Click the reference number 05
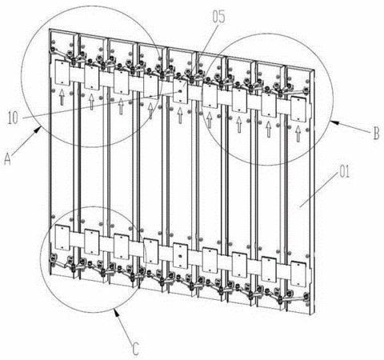click(218, 17)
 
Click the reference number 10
click(13, 118)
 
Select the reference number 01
click(344, 172)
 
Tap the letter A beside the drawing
click(8, 159)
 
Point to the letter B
click(376, 134)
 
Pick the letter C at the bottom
click(135, 348)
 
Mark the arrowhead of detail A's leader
click(38, 130)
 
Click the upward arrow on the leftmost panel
click(62, 97)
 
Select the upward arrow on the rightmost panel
click(298, 134)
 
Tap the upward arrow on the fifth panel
click(180, 115)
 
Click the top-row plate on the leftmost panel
click(62, 73)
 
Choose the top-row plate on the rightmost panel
click(298, 110)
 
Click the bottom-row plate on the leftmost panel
click(62, 238)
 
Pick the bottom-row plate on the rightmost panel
click(298, 274)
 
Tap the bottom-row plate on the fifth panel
click(181, 256)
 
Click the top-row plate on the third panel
click(122, 82)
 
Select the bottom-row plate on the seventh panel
click(239, 265)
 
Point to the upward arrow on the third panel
click(121, 106)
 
